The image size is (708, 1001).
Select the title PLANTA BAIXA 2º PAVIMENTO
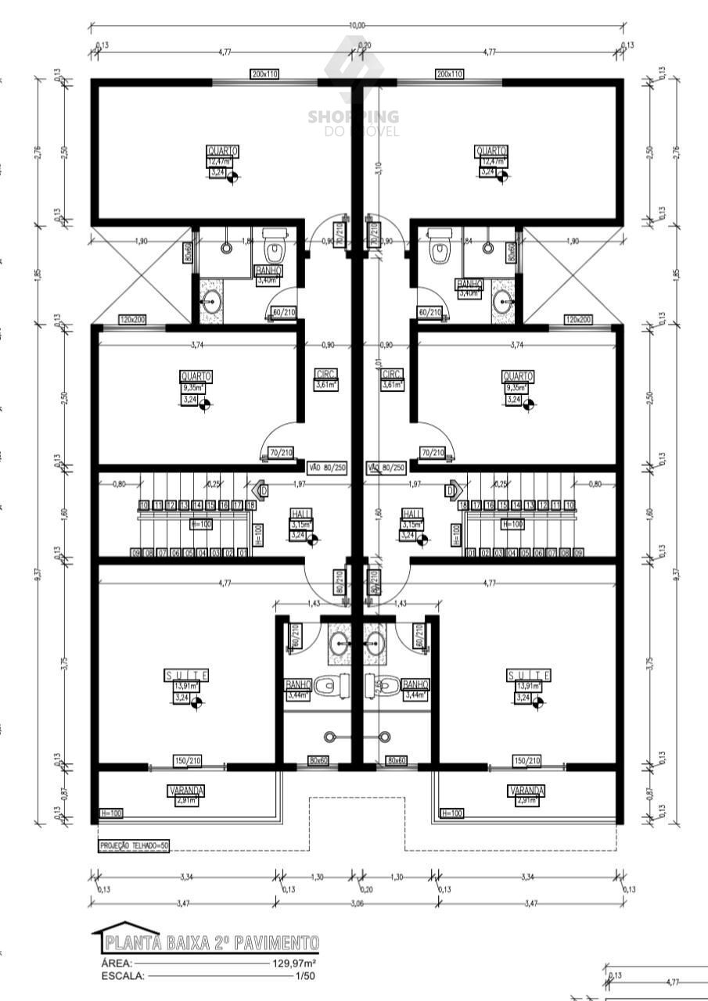[212, 942]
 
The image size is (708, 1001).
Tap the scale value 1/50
[305, 976]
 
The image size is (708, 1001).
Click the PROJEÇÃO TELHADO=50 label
[134, 845]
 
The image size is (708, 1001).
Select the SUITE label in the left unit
[186, 675]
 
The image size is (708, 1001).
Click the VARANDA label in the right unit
[526, 791]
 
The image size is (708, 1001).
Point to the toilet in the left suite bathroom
[330, 687]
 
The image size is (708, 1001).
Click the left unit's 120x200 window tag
[132, 320]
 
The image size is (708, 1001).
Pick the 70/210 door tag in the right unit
[433, 453]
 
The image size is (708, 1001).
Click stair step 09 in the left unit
[135, 553]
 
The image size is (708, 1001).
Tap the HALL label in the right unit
[412, 513]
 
